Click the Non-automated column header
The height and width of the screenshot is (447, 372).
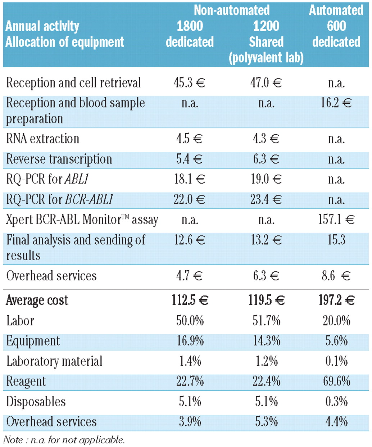(x=232, y=10)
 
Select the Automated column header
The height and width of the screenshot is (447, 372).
(x=336, y=10)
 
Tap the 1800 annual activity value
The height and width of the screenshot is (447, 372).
(x=190, y=26)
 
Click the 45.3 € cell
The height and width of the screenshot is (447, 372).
(x=189, y=83)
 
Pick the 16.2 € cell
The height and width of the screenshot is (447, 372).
(x=336, y=103)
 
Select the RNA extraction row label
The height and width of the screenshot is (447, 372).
(x=42, y=139)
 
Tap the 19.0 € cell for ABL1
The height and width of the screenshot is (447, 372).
(x=266, y=179)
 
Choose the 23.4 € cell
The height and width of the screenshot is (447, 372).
(x=266, y=199)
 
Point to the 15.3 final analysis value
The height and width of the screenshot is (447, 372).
(x=336, y=240)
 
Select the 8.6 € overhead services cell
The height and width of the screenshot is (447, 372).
(x=336, y=276)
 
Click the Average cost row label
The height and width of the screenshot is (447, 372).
(x=37, y=300)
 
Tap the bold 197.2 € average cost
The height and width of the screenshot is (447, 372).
(x=336, y=300)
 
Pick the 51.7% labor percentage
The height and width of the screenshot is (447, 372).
(x=266, y=320)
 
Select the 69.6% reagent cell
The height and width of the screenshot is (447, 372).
(x=336, y=381)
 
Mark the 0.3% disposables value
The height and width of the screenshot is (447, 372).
(x=336, y=401)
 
